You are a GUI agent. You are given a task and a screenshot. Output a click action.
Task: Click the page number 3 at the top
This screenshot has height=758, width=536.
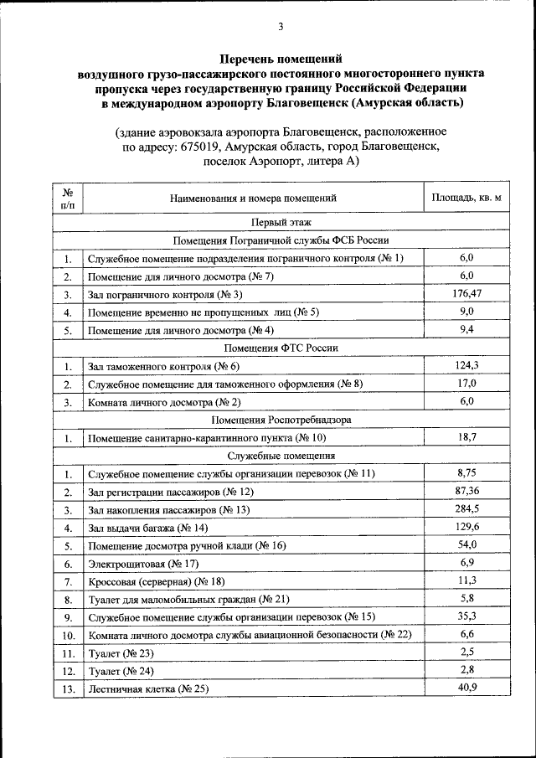281,28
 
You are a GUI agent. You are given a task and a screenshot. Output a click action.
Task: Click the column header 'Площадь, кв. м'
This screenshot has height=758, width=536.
466,199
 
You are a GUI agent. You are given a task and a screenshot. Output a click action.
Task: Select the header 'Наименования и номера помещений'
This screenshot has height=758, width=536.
253,199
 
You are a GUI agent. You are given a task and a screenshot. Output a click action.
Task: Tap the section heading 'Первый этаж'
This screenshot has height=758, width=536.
281,223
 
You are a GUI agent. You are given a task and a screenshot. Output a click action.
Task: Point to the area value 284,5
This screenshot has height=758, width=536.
466,509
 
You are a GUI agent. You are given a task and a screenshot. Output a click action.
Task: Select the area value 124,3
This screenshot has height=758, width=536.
466,365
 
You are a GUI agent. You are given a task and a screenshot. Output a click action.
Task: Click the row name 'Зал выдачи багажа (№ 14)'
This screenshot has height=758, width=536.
147,528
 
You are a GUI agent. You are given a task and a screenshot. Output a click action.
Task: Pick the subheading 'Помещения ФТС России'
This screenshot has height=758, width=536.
281,348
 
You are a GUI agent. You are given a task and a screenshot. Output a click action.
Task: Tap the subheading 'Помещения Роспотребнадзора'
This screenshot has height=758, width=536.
281,419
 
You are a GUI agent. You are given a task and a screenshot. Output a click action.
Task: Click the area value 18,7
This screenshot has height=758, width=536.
466,437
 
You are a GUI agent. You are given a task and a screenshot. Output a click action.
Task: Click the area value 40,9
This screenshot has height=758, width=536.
466,688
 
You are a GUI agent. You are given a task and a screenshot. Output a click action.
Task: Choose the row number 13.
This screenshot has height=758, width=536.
68,689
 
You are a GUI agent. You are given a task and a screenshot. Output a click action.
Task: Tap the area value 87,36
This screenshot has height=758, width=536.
466,491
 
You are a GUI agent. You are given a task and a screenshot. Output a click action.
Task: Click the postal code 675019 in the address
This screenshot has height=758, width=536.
198,147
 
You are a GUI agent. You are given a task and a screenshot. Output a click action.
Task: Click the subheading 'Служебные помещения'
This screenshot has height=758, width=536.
281,456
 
